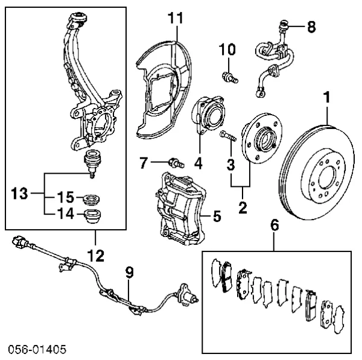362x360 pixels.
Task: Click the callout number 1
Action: (x=326, y=96)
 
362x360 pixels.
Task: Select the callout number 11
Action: (x=175, y=18)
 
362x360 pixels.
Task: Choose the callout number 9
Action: (x=129, y=272)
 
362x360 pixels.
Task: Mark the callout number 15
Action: (x=65, y=197)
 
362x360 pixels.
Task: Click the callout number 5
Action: (x=217, y=215)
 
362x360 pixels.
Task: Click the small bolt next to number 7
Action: (x=174, y=162)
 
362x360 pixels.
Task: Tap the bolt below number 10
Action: (x=229, y=77)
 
